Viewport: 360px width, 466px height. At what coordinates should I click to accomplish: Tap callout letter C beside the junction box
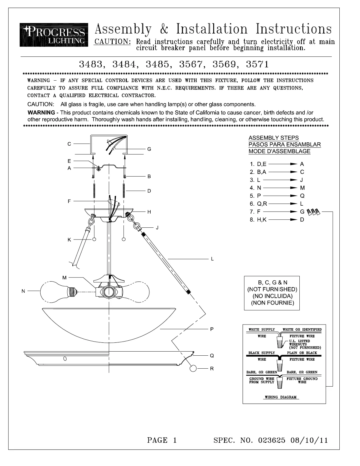[69, 144]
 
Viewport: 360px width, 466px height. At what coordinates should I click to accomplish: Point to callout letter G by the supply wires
[149, 149]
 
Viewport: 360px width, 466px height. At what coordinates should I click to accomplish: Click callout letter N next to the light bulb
[23, 291]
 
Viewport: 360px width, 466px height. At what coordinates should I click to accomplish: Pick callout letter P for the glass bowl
[212, 329]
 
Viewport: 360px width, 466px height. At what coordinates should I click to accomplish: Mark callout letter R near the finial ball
[212, 369]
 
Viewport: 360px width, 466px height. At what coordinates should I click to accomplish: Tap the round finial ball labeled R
[194, 368]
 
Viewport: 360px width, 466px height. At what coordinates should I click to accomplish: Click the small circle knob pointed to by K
[94, 239]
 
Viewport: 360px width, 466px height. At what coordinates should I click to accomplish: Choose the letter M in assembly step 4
[302, 188]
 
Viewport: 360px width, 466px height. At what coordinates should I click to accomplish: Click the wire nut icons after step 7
[313, 212]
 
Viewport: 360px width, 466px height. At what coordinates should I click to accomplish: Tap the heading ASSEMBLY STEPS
[274, 138]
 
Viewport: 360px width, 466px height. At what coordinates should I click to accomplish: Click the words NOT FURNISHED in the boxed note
[272, 289]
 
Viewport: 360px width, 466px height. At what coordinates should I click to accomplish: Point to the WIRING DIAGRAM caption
[281, 397]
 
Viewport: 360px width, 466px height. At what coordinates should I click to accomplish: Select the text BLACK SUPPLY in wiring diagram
[261, 353]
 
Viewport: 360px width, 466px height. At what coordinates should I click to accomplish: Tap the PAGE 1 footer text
[162, 440]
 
